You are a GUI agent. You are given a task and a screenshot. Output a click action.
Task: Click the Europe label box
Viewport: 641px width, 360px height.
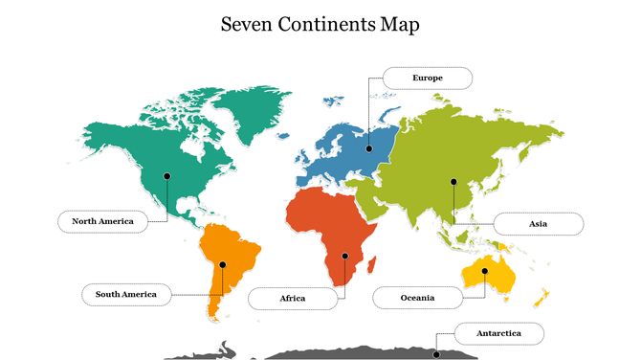(x=427, y=78)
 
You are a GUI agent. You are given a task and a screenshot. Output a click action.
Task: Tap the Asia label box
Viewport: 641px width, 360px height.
(x=538, y=224)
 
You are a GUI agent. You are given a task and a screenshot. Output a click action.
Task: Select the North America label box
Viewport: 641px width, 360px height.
(x=102, y=221)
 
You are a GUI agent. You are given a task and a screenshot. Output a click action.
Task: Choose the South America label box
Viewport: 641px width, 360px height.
(x=125, y=294)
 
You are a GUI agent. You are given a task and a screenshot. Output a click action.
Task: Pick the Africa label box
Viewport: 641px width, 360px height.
(x=293, y=299)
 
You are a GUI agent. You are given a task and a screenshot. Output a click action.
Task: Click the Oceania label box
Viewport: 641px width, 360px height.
(x=417, y=298)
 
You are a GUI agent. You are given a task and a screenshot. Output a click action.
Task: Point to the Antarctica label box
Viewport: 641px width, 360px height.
(x=499, y=333)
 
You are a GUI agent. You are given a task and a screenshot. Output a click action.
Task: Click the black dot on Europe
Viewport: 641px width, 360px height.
(x=369, y=148)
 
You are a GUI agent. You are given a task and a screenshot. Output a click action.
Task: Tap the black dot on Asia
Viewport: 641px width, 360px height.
(x=453, y=181)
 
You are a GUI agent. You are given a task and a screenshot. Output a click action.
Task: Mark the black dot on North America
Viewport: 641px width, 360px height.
(x=167, y=175)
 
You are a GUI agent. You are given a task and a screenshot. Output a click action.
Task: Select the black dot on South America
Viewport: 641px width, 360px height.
(x=222, y=264)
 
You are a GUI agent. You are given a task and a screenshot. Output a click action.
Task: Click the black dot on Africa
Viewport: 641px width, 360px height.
(x=344, y=256)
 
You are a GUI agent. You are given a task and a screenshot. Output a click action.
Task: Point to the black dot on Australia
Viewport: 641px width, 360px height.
(x=485, y=271)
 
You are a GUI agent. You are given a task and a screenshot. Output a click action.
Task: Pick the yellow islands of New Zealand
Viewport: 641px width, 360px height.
(x=541, y=295)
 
